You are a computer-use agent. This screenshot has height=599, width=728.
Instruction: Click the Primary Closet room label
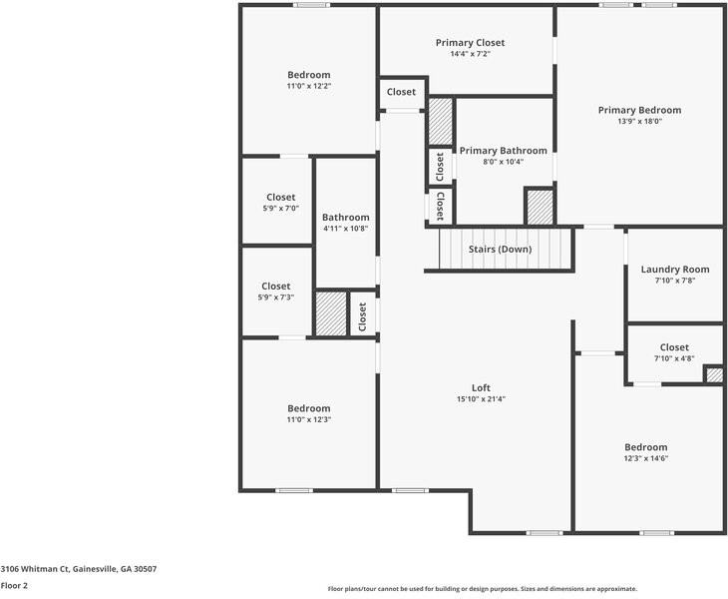pos(470,43)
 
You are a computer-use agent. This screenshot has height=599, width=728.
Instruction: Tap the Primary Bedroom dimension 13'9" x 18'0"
pos(639,122)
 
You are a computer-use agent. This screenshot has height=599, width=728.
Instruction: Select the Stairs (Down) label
pos(501,249)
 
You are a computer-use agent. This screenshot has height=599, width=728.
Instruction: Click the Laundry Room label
pos(674,270)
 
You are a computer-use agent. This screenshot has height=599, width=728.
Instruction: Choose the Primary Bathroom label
pos(503,151)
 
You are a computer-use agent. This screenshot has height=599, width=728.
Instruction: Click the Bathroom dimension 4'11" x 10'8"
pos(345,229)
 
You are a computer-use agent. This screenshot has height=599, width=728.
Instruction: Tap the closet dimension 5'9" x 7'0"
pos(280,209)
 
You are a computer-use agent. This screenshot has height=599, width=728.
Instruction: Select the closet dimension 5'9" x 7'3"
pos(275,298)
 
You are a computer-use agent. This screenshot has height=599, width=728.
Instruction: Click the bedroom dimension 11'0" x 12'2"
pos(308,87)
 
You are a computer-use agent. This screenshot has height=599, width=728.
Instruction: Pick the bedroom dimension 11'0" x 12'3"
pos(308,420)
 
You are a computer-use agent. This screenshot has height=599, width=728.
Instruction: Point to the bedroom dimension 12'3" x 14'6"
pos(645,459)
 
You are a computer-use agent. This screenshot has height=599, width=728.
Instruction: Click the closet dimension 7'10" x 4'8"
pos(674,358)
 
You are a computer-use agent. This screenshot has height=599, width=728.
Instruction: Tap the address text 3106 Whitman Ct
pos(78,568)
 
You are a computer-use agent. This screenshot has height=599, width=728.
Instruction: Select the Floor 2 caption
pos(14,586)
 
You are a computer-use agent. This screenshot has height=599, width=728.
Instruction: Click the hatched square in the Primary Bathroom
pos(540,206)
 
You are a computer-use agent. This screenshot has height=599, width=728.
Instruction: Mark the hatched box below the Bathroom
pos(330,313)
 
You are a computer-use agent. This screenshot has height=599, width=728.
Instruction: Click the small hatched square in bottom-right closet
pos(714,374)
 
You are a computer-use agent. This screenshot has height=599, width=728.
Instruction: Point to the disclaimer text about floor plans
pos(482,589)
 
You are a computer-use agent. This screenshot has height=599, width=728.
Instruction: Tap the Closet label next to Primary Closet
pos(401,92)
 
